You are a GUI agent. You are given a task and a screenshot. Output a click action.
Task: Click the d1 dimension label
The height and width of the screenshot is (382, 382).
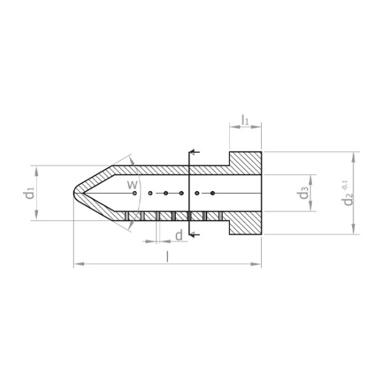(x=30, y=192)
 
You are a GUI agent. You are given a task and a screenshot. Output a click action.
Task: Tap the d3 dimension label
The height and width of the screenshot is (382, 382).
(x=304, y=192)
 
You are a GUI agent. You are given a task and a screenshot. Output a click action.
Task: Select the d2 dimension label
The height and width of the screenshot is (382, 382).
(x=347, y=199)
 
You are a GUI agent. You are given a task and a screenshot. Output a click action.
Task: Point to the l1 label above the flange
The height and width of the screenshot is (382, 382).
(x=245, y=120)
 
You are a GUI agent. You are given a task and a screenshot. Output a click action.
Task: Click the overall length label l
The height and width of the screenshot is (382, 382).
(x=167, y=257)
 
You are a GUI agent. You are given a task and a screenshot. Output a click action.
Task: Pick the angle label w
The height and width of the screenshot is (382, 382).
(x=132, y=185)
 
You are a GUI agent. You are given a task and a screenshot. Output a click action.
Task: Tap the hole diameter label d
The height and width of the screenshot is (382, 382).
(x=178, y=235)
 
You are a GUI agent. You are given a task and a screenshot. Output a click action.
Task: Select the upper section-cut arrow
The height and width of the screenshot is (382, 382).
(x=194, y=152)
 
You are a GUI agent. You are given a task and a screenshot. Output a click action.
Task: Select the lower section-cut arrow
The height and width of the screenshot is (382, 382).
(x=194, y=235)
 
